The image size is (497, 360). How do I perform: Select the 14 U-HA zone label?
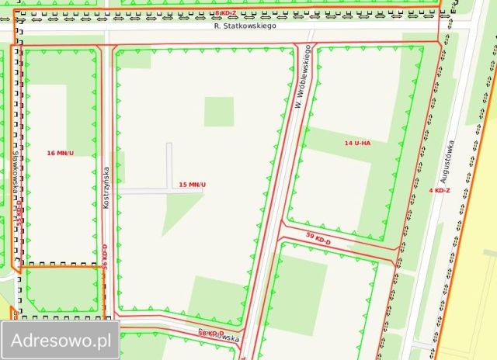(358, 144)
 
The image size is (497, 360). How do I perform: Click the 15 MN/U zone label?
(193, 184)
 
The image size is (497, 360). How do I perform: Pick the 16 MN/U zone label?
(60, 153)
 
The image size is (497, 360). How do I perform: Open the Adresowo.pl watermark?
(60, 339)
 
